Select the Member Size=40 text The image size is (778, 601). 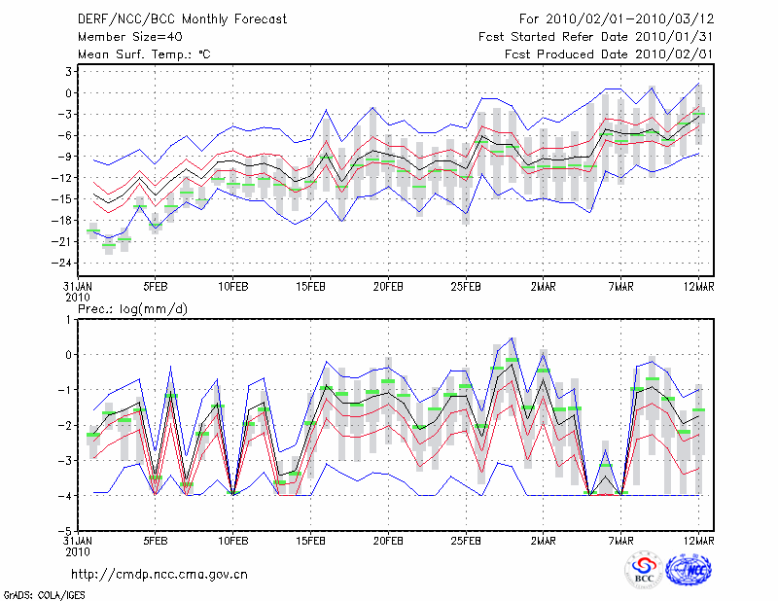(x=123, y=37)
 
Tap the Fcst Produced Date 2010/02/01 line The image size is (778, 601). (x=610, y=54)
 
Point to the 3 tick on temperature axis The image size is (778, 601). (x=70, y=72)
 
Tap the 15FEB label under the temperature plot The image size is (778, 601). (x=310, y=288)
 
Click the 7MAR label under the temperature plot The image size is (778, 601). (x=621, y=288)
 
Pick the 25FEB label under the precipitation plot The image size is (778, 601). (x=466, y=540)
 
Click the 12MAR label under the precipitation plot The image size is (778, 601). (x=699, y=540)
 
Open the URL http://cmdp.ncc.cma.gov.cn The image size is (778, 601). (x=159, y=574)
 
